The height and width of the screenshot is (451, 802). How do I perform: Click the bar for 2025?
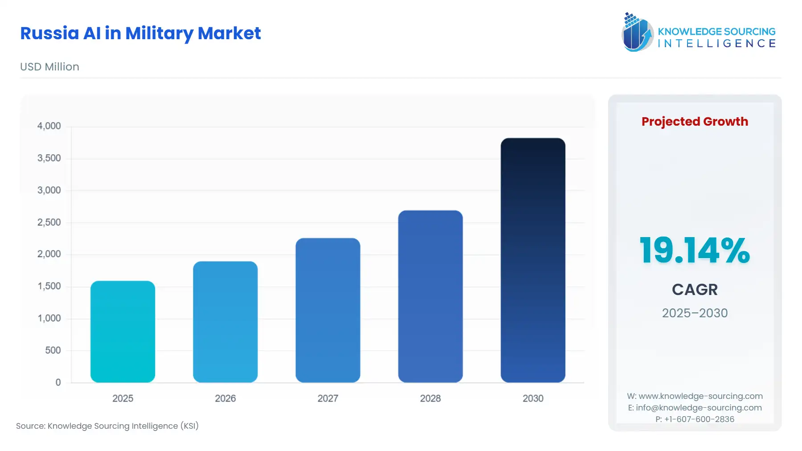(x=123, y=332)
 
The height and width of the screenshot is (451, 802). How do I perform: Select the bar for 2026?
(x=225, y=322)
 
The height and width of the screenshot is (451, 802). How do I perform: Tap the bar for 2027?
(x=327, y=310)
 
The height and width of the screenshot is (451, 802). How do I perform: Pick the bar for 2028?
(x=430, y=296)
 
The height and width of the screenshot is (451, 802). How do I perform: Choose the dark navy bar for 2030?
(x=532, y=260)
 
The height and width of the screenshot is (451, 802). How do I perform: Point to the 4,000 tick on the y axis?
(x=49, y=126)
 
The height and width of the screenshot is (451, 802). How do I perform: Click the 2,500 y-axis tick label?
(x=49, y=222)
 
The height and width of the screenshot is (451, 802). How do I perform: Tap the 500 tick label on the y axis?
(x=53, y=350)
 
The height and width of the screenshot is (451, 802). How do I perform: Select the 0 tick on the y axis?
(x=58, y=382)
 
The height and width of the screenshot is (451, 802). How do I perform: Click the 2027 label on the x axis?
(x=327, y=398)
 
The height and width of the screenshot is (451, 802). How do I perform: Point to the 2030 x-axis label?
(x=532, y=398)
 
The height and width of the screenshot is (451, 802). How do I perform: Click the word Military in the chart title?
(x=159, y=33)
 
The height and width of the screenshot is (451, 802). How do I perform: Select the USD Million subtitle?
(x=49, y=67)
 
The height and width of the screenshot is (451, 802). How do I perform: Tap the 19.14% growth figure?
(x=695, y=250)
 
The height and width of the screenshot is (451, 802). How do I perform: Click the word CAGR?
(x=695, y=290)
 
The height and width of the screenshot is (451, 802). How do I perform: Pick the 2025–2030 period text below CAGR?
(x=695, y=313)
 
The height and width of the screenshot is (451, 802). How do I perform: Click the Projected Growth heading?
(x=695, y=122)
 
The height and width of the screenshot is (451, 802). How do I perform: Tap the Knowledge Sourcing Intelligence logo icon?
(x=637, y=32)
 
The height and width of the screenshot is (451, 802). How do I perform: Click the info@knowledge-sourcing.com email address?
(x=699, y=408)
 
